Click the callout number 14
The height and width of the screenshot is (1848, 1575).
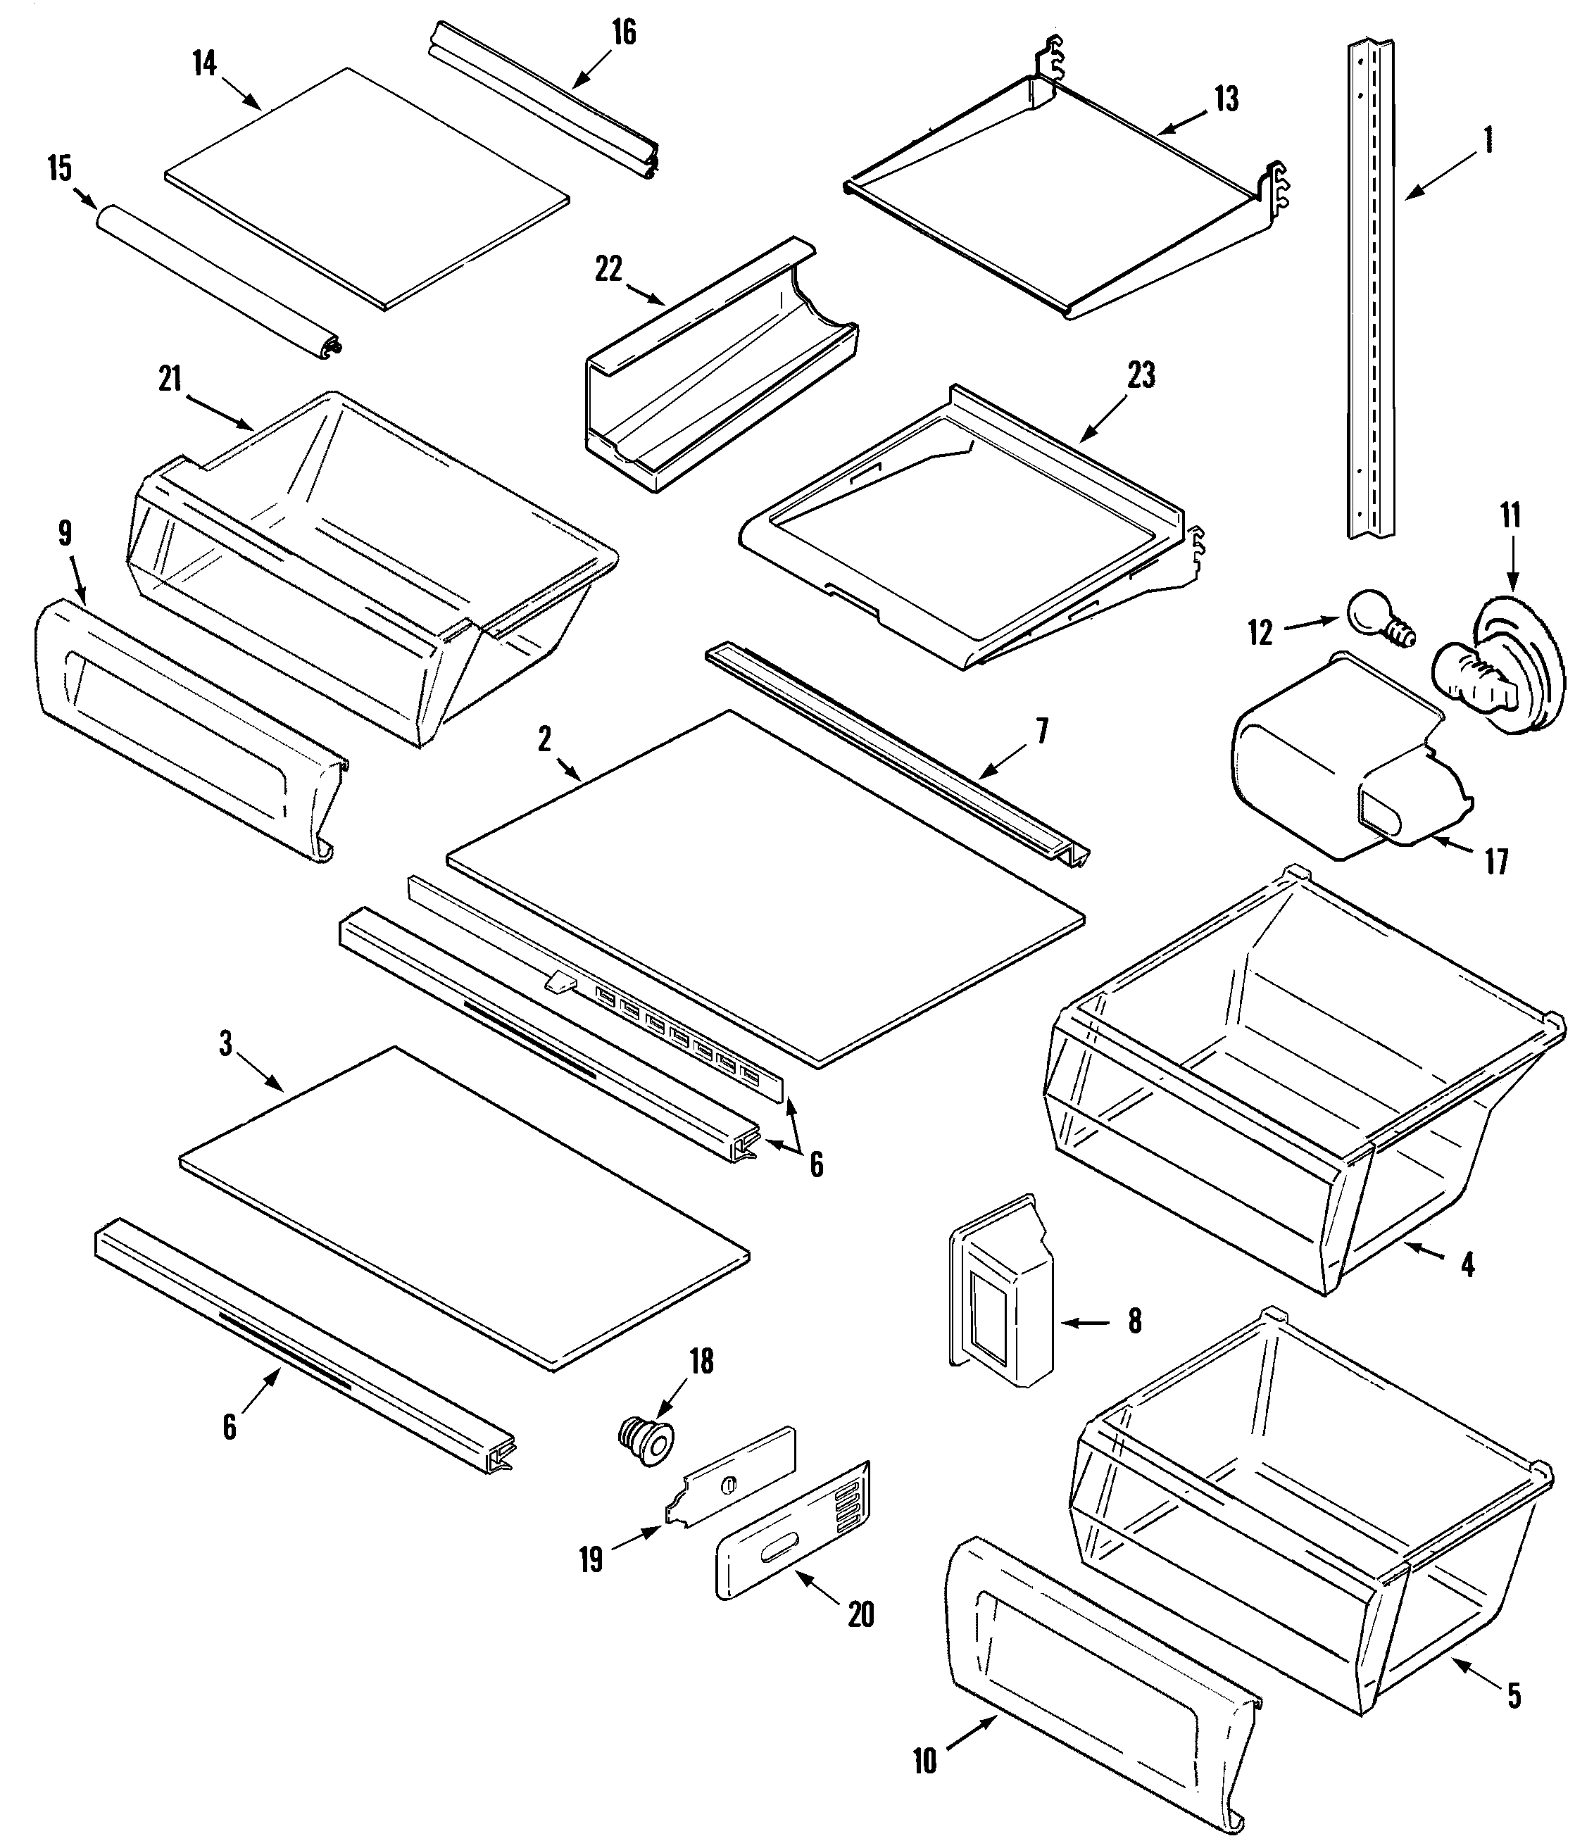coord(204,63)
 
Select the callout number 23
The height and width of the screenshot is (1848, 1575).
coord(1141,375)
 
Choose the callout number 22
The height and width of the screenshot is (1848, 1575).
coord(608,270)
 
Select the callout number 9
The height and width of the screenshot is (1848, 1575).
coord(64,534)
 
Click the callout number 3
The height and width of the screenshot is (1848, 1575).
coord(227,1043)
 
